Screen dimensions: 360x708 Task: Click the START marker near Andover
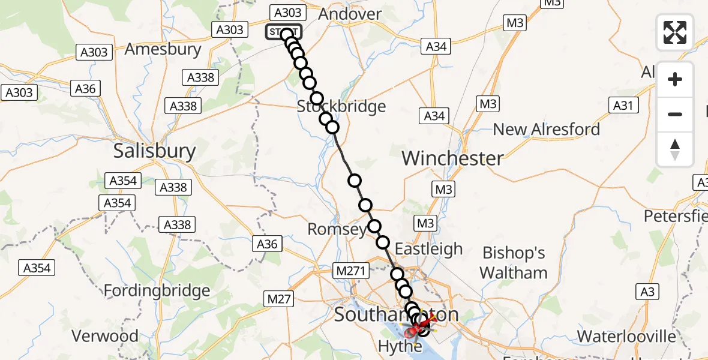click(284, 32)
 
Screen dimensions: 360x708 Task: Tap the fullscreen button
click(675, 32)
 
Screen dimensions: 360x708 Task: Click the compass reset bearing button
click(675, 149)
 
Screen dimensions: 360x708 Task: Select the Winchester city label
click(452, 158)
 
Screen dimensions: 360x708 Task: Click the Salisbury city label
click(154, 151)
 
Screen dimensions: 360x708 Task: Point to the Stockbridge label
click(341, 107)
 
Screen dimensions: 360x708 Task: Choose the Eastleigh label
click(428, 248)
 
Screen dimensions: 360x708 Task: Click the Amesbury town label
click(163, 49)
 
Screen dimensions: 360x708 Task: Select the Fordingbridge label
click(157, 291)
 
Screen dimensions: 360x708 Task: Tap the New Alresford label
click(546, 129)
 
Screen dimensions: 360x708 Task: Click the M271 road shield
click(350, 271)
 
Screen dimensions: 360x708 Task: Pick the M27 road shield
click(279, 298)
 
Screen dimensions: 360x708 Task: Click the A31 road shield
click(622, 106)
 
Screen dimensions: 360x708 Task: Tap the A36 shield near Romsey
click(267, 244)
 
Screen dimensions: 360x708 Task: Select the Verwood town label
click(104, 335)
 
